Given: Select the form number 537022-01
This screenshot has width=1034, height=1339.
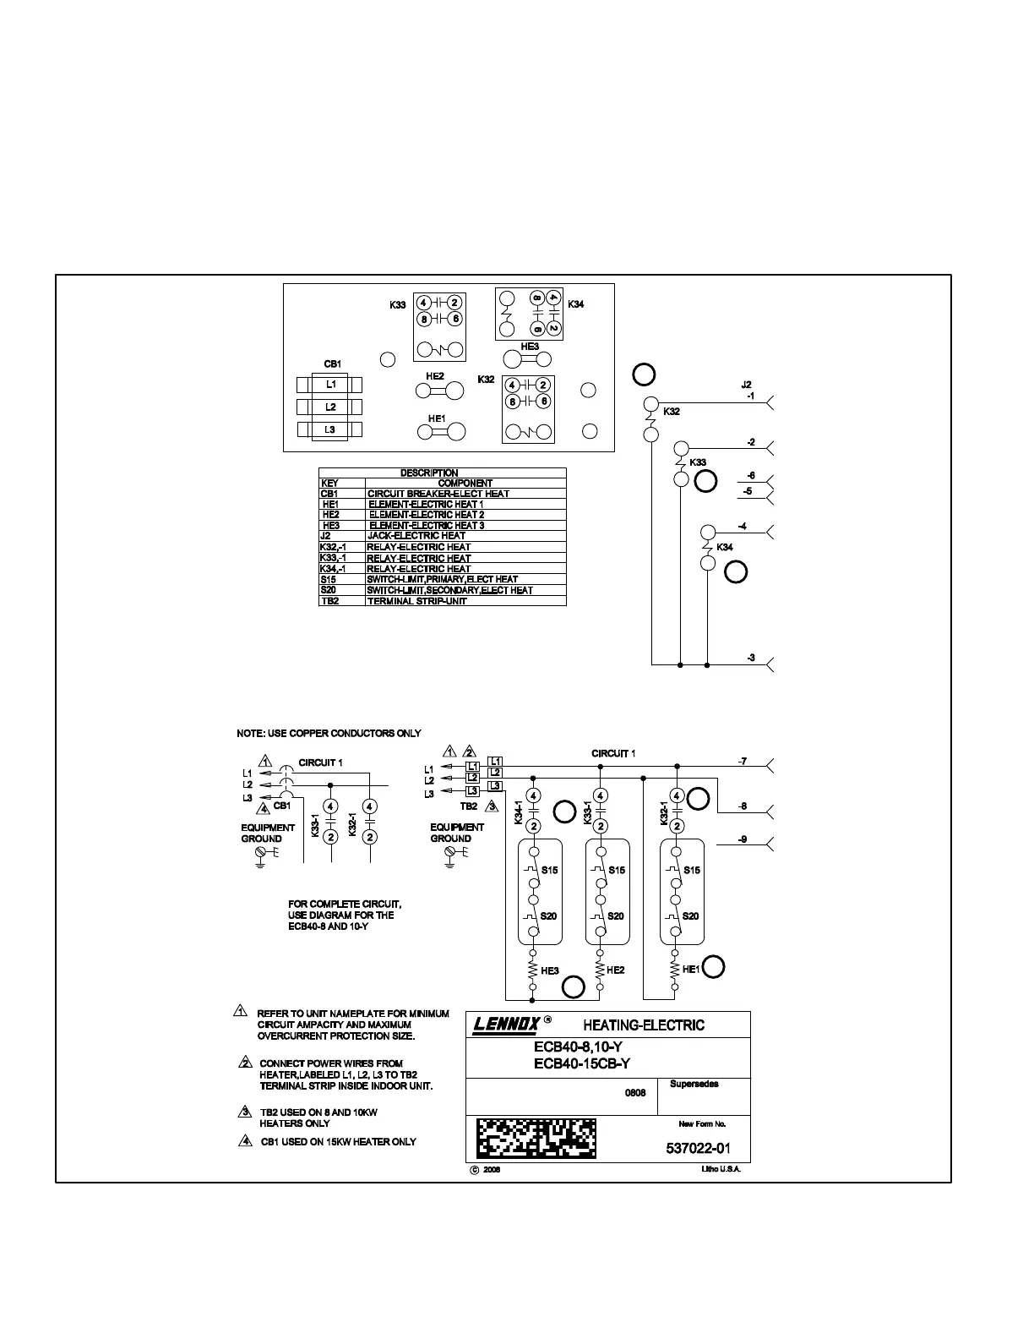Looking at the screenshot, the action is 698,1148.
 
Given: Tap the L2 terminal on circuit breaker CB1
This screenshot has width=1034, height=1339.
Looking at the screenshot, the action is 331,407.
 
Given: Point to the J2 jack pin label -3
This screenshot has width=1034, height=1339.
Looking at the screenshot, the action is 751,658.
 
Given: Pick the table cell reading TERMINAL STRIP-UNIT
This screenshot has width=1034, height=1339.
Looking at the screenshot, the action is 416,601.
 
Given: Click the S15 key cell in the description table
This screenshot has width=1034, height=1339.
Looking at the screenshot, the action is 329,579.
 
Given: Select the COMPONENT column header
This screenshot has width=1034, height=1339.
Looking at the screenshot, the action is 465,484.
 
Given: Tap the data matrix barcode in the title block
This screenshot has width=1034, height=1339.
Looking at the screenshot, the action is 536,1138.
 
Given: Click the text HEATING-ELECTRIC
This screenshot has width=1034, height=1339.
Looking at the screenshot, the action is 643,1025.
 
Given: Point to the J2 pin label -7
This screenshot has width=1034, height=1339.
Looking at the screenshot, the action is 742,762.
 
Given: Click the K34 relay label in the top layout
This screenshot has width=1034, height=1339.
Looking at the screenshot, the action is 575,304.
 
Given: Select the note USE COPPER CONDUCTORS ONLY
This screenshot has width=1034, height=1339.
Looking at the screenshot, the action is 329,733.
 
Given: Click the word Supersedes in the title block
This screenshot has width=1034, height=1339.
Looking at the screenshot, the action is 694,1084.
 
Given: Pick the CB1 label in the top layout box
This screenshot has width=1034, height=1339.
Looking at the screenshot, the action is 332,363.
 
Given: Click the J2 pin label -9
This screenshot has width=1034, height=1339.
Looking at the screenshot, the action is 742,839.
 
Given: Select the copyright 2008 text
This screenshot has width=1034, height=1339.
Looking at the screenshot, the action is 486,1171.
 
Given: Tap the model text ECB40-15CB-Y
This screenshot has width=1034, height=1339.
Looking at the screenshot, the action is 582,1064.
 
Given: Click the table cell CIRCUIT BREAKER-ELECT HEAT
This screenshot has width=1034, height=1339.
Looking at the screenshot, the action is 438,494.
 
